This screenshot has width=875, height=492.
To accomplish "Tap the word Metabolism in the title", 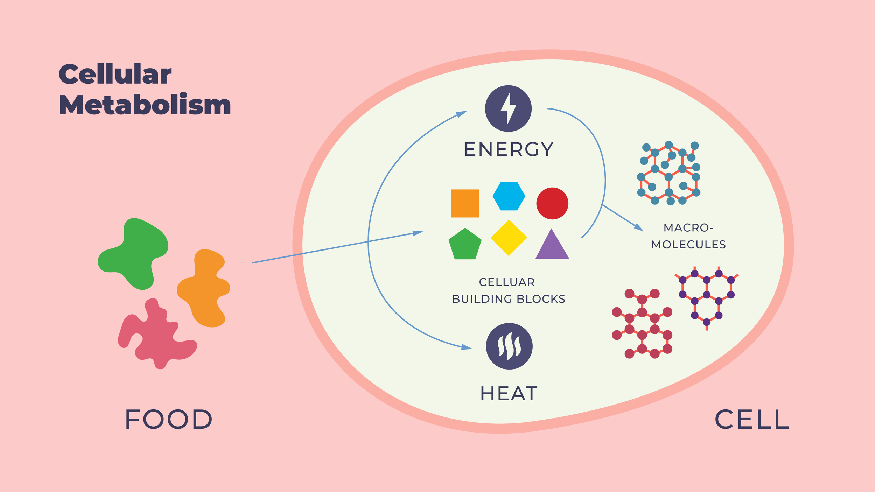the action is pos(145,105).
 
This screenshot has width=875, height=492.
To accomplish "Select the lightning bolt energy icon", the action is pos(508,108).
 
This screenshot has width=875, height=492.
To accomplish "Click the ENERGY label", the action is pos(509,149).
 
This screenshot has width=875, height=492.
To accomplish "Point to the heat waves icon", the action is pos(509,346).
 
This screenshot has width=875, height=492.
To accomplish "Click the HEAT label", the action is pos(509,393).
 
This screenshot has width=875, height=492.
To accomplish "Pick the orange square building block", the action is pos(465,203).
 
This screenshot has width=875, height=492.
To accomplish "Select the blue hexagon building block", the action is pos(509,196).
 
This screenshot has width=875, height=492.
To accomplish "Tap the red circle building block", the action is pos(552,203).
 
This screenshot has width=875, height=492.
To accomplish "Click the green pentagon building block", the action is pos(465,245).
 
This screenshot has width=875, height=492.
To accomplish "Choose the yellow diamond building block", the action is pos(509,238).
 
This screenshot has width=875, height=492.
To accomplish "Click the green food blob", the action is pos(135,252).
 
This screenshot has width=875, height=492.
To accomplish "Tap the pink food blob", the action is pos(156,336).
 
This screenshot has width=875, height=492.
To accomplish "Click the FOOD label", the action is pos(168,419).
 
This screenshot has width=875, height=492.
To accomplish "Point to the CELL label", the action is pos(752,419).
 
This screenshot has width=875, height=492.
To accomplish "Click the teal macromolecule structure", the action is pos(668,173).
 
